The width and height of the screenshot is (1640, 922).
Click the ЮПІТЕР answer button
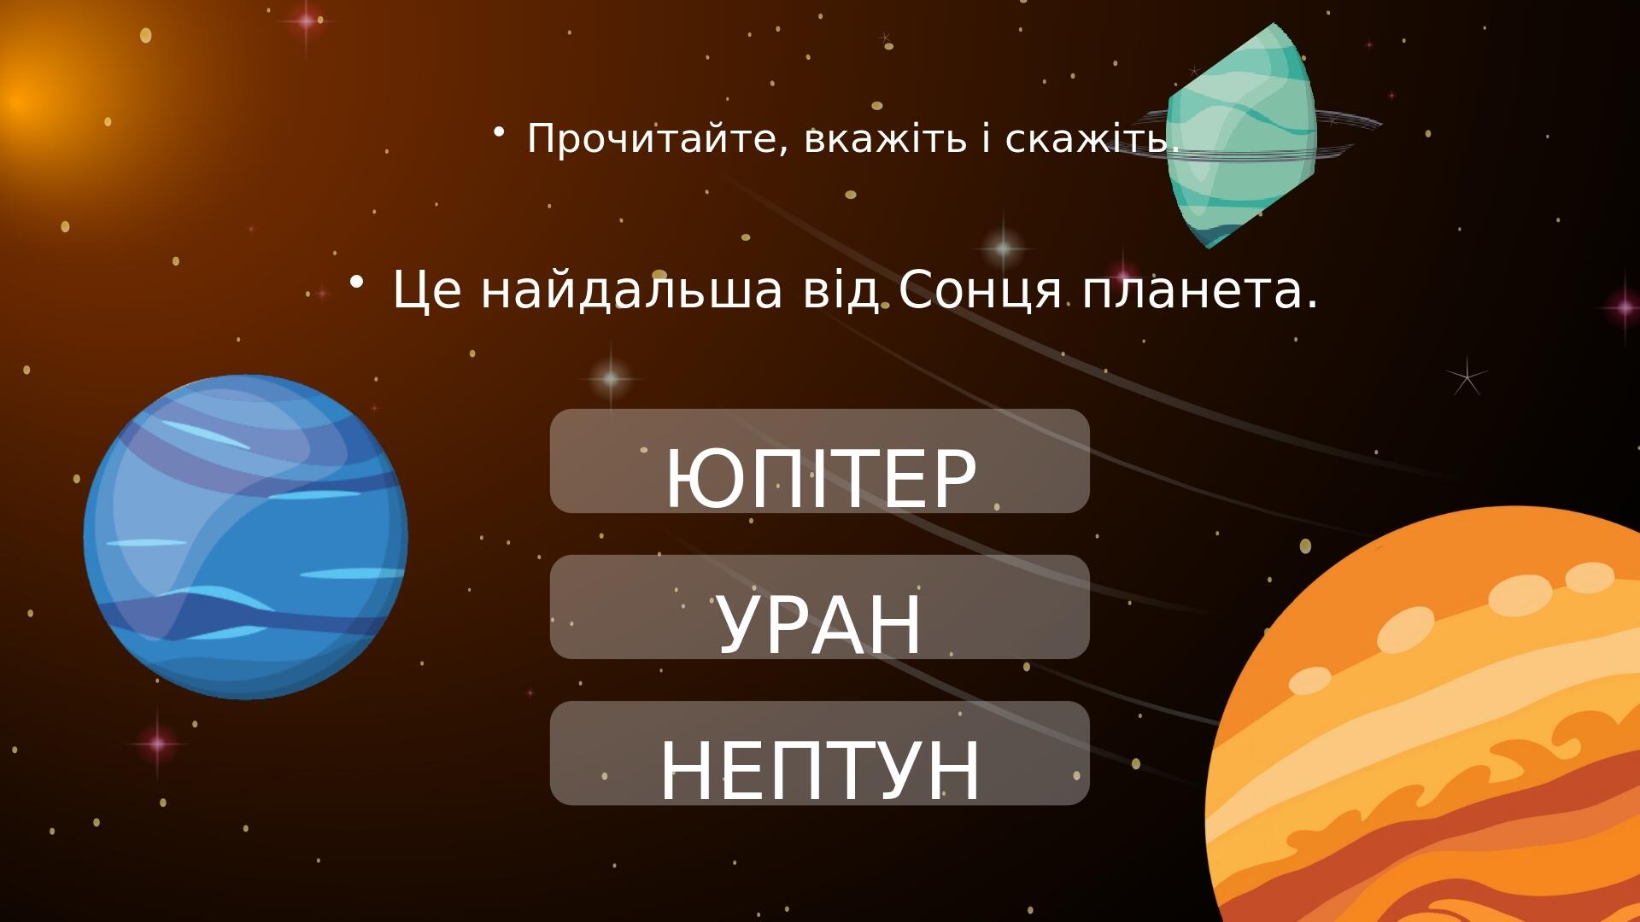(820, 461)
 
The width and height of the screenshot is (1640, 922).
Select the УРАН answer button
(820, 607)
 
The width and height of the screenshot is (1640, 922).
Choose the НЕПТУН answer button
(820, 753)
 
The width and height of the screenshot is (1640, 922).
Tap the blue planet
(246, 537)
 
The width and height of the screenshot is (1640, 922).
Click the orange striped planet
(1435, 726)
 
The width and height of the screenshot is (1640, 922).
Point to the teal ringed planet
(1240, 137)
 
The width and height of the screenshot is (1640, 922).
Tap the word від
(840, 290)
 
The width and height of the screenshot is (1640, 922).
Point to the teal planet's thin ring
(1350, 124)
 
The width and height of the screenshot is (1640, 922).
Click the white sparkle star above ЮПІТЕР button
(611, 377)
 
